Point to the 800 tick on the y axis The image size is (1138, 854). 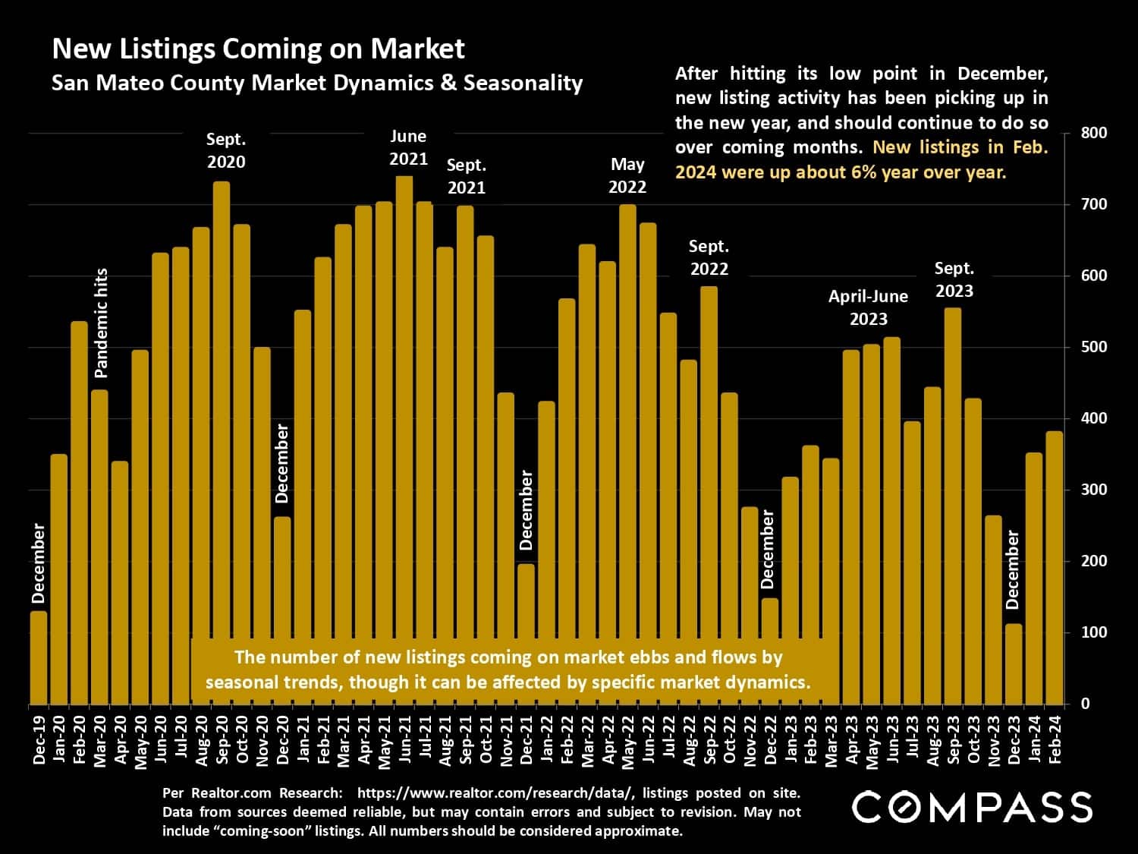pyautogui.click(x=1093, y=133)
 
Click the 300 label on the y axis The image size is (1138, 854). pyautogui.click(x=1093, y=490)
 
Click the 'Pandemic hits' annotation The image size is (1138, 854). pyautogui.click(x=102, y=323)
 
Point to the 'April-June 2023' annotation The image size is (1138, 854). pyautogui.click(x=868, y=307)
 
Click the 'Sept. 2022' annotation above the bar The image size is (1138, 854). pyautogui.click(x=708, y=257)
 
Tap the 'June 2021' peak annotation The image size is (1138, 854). pyautogui.click(x=408, y=147)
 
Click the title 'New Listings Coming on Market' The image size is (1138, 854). pyautogui.click(x=258, y=49)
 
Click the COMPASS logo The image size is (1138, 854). pyautogui.click(x=972, y=807)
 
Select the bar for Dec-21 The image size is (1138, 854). pyautogui.click(x=527, y=634)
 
